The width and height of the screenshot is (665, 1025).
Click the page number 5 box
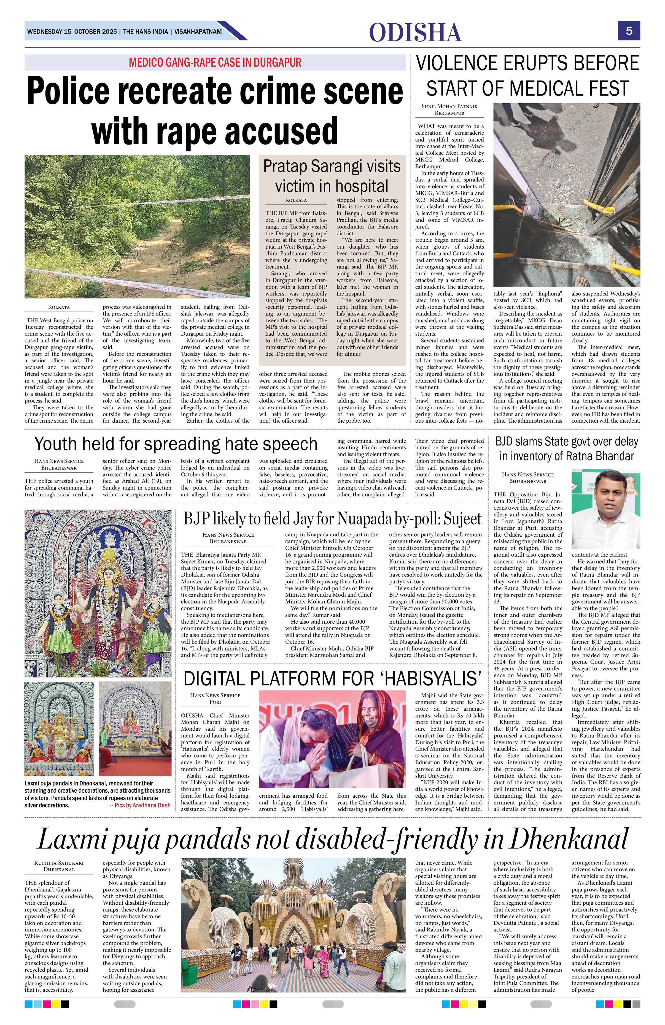pyautogui.click(x=629, y=31)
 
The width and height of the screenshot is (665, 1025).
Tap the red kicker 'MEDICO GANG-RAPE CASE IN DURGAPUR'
pyautogui.click(x=215, y=62)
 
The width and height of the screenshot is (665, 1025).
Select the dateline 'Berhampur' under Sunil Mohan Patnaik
pyautogui.click(x=449, y=113)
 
